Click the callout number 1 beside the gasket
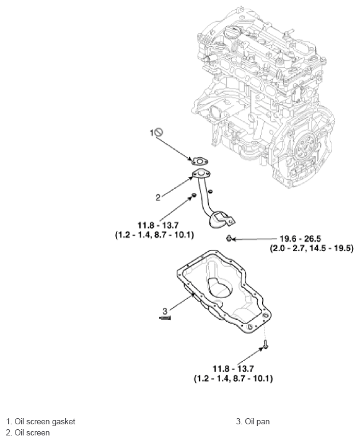152,133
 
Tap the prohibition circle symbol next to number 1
159,132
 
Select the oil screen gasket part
200,161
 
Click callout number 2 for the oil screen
158,197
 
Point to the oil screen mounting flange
202,174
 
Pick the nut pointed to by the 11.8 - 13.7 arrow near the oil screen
193,195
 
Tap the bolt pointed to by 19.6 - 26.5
229,239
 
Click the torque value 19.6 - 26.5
300,239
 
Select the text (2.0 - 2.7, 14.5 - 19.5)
312,249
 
